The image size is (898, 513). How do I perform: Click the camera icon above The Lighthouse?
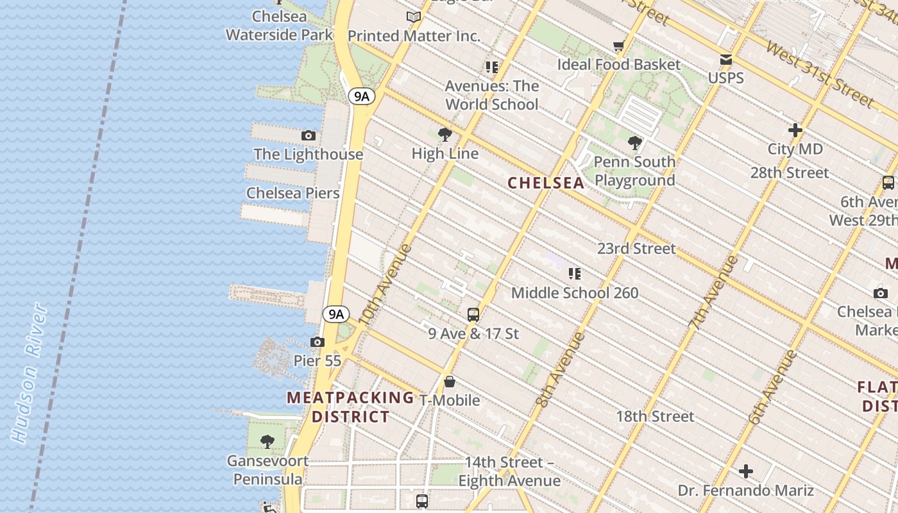tap(309, 136)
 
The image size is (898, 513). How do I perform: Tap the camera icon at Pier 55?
tap(318, 342)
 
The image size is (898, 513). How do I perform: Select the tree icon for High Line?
tap(445, 135)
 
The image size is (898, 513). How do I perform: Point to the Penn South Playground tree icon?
tap(635, 143)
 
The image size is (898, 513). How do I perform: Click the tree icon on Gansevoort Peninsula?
tap(267, 442)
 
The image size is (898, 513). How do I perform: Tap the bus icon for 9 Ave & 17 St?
tap(473, 315)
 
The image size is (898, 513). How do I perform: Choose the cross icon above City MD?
tap(795, 131)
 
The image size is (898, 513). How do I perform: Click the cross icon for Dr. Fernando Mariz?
tap(746, 472)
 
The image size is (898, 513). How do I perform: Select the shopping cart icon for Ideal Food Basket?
tap(618, 46)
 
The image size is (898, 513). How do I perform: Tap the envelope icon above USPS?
tap(726, 60)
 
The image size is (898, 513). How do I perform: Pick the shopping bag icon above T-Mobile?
tap(450, 382)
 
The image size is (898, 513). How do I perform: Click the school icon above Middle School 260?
tap(575, 274)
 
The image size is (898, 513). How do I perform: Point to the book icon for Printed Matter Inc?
tap(414, 17)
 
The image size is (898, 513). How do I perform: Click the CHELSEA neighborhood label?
tap(546, 183)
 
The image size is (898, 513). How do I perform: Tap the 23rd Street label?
tap(636, 249)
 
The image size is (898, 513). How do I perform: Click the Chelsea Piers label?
tap(293, 193)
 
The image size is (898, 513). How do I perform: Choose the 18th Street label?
tap(655, 416)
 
